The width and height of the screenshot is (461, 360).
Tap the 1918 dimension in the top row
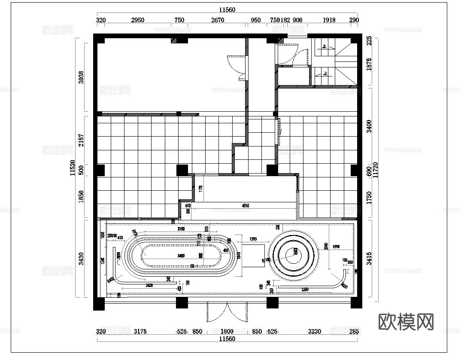(x=329, y=20)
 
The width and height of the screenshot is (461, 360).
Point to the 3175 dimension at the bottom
(x=140, y=331)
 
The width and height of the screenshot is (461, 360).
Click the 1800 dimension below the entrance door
(x=227, y=331)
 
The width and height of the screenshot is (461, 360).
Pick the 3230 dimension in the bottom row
(x=315, y=331)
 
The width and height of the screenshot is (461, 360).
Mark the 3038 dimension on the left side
(x=82, y=77)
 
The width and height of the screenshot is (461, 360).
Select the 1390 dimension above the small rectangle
(x=253, y=238)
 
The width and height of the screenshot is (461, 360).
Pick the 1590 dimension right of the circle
(x=336, y=247)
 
